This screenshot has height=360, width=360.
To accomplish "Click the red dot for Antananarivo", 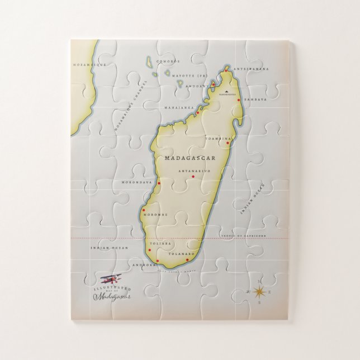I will click(x=193, y=177).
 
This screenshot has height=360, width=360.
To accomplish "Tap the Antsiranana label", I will click(x=252, y=69).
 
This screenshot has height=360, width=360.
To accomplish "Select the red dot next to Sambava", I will click(x=239, y=100).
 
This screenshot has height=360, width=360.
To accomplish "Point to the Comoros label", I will click(x=168, y=60).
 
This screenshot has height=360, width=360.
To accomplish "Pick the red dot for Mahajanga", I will click(x=197, y=112).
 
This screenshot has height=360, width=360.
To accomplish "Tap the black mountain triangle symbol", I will click(x=227, y=90).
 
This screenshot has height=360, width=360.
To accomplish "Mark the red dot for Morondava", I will click(x=159, y=183).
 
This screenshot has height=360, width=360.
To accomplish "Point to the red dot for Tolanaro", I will click(x=187, y=259).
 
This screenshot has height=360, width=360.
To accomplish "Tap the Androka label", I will click(x=143, y=266).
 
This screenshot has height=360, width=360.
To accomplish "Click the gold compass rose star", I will click(x=259, y=291).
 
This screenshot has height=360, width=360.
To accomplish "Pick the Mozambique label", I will click(x=86, y=65).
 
